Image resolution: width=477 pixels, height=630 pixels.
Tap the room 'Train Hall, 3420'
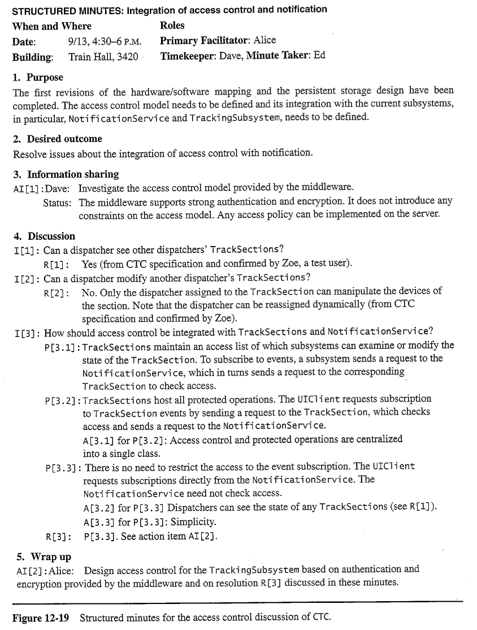coord(103,57)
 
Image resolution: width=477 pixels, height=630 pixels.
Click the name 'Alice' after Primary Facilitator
coord(265,41)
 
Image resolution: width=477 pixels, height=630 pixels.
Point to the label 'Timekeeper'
coord(187,56)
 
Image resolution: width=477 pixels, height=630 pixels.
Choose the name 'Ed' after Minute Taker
coord(320,56)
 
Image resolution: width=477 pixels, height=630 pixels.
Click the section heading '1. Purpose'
coord(38,77)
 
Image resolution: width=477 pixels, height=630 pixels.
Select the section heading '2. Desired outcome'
coord(57,139)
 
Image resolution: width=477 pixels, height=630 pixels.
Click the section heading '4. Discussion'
coord(44,236)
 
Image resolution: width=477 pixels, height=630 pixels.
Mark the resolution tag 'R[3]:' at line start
coord(57,536)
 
